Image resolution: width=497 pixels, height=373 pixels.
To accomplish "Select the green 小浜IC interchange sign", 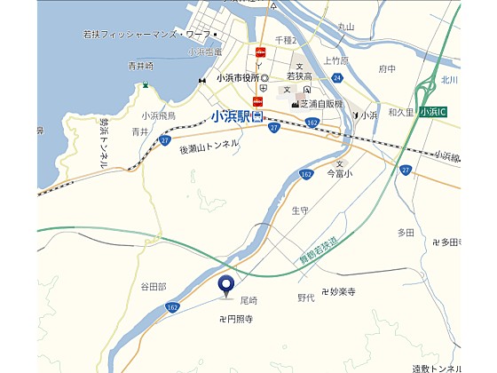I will [433, 112].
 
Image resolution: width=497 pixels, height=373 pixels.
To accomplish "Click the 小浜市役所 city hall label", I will [236, 77].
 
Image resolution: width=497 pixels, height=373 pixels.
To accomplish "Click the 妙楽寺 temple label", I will [338, 291].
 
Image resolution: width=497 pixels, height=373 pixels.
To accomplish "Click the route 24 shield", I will [337, 77].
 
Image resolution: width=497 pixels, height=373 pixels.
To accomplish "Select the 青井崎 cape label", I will [140, 66].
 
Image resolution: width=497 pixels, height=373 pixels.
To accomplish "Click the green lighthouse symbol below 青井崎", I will [145, 85].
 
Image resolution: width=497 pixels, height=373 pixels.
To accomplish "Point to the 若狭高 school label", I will [297, 78].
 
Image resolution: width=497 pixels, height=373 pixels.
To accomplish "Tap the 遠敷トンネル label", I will [438, 367].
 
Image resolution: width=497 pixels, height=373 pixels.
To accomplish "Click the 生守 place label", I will [299, 210].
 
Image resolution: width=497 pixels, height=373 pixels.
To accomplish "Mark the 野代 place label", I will [306, 298].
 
